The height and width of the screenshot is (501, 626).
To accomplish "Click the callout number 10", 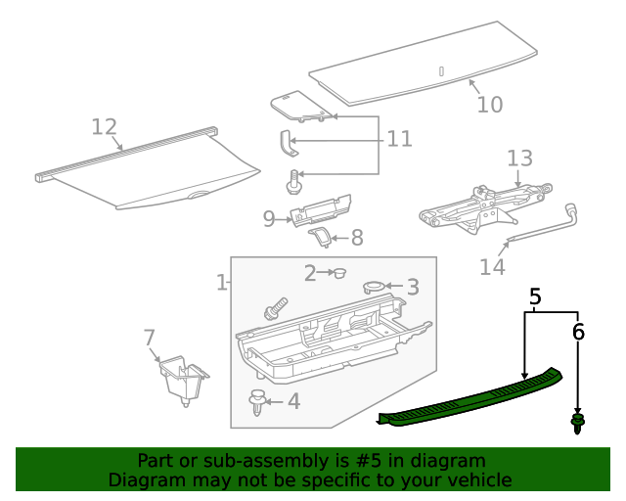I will (489, 104).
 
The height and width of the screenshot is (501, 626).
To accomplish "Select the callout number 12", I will (105, 127).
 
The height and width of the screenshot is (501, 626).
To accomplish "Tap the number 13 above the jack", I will (519, 159).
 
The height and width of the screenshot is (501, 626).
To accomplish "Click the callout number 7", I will (149, 339).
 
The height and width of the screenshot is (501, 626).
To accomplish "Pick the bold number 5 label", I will (535, 296).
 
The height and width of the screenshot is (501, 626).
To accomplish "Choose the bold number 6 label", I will (578, 333).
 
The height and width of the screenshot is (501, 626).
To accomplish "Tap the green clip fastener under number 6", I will (578, 425).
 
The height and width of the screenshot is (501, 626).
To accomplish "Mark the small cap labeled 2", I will (340, 274).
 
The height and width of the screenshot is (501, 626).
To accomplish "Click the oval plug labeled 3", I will (375, 287).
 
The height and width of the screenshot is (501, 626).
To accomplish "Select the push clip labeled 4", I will (258, 401).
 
